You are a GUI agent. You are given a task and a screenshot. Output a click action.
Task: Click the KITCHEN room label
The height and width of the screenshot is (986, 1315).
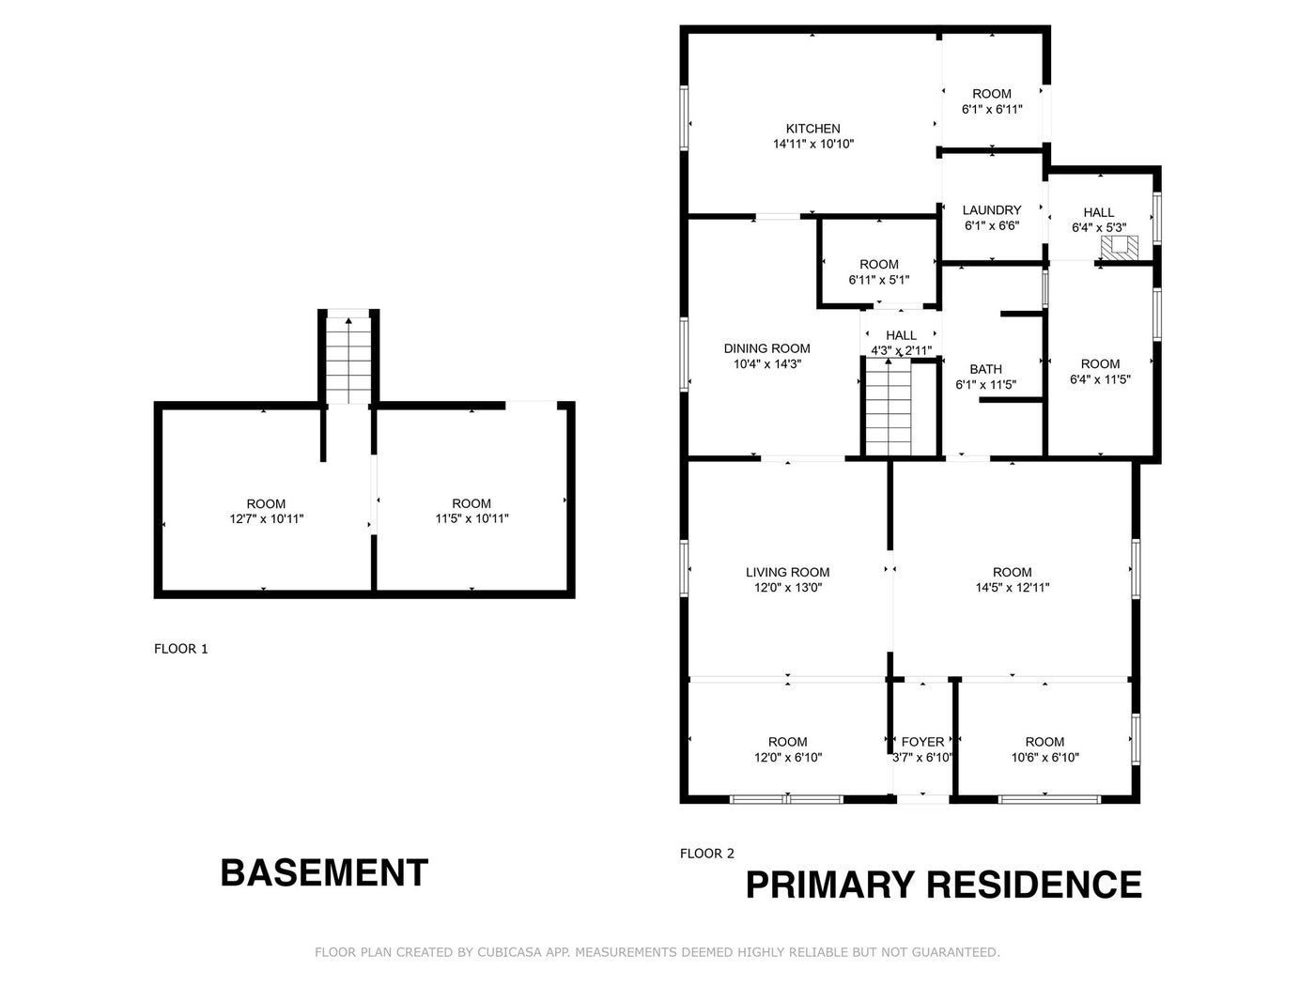(x=812, y=129)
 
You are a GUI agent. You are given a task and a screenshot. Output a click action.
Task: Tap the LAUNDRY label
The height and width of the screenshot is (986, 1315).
(x=992, y=210)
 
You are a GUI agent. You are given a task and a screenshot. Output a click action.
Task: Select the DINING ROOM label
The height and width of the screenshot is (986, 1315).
(x=766, y=348)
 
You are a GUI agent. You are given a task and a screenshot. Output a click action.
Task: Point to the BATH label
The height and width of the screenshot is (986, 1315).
(x=985, y=369)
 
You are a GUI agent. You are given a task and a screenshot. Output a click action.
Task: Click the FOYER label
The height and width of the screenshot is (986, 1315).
(x=922, y=743)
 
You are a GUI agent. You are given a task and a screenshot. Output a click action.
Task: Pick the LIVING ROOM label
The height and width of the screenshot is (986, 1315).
(x=787, y=572)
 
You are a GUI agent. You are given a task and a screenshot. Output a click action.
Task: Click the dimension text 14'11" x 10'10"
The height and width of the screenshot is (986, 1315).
(x=813, y=145)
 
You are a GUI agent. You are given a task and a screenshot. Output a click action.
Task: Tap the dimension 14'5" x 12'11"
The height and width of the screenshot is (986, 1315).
(x=1013, y=588)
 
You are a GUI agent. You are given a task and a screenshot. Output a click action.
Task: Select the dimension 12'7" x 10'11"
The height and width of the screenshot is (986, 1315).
(x=267, y=519)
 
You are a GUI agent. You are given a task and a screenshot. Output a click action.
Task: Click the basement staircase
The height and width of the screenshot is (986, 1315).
(x=348, y=361)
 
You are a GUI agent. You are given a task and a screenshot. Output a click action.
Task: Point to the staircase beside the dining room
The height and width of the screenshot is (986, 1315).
(x=889, y=408)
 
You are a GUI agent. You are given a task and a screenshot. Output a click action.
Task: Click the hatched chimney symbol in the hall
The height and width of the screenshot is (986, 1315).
(x=1119, y=248)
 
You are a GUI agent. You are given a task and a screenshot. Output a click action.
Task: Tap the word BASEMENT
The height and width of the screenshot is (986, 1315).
(x=324, y=873)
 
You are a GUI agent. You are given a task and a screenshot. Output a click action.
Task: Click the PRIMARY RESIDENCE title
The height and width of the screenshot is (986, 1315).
(x=944, y=885)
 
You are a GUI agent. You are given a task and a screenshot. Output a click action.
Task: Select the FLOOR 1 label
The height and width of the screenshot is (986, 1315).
(x=181, y=649)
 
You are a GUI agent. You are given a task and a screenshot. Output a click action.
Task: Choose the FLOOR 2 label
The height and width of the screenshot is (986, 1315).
(x=707, y=854)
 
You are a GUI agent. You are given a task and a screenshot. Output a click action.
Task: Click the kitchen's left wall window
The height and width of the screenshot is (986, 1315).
(x=684, y=117)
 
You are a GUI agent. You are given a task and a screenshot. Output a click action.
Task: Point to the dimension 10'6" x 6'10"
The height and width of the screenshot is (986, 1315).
(x=1044, y=758)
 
